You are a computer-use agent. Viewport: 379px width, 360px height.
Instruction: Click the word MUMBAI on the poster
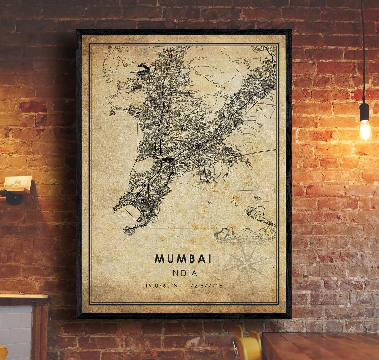[183, 259]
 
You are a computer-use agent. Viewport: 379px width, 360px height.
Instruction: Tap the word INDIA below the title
[183, 273]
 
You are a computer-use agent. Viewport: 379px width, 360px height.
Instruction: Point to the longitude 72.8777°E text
[206, 286]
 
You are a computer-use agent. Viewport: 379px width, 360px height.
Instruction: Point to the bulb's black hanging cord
[363, 50]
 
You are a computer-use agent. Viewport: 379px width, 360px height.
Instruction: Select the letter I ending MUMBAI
[210, 259]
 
